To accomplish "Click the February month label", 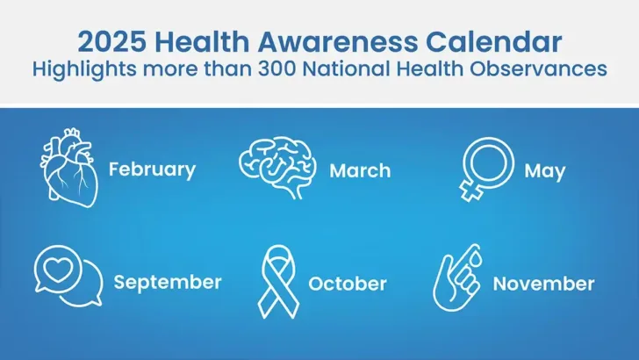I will (x=152, y=169).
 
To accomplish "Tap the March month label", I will (x=360, y=170).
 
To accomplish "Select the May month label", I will (x=544, y=170).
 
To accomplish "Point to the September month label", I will (x=168, y=282).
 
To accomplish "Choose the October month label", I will (x=348, y=284).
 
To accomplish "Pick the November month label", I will (x=543, y=284).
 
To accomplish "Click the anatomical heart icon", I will (x=70, y=167).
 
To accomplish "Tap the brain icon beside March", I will (x=278, y=163).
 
